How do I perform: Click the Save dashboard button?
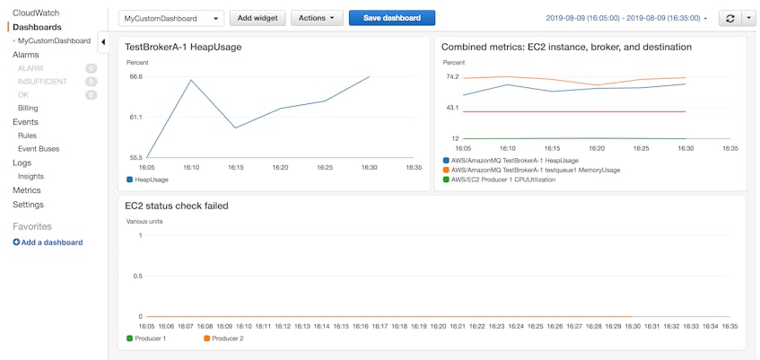(391, 18)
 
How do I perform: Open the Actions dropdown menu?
(319, 18)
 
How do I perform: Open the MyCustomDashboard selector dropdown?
(171, 18)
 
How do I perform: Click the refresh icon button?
(729, 18)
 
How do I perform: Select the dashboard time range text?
(625, 18)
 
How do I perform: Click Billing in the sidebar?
(28, 108)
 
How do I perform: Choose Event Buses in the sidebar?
(39, 149)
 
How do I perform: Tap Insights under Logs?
(31, 177)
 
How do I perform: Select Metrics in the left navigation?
(27, 190)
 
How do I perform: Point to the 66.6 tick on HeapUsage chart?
(135, 77)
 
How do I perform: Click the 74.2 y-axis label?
(451, 77)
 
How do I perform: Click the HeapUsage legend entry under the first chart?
(151, 180)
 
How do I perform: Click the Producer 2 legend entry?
(226, 338)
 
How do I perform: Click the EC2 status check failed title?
(177, 206)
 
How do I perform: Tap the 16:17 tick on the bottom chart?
(380, 326)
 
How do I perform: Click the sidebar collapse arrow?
(103, 42)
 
